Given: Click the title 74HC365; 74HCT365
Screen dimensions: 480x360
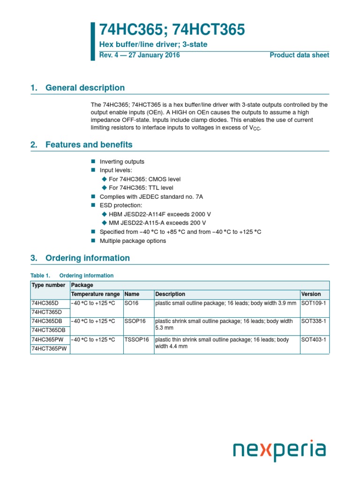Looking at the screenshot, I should tap(172, 30).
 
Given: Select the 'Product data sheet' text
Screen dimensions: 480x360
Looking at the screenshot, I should tap(299, 55).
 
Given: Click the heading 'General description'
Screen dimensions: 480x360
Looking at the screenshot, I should tap(85, 88).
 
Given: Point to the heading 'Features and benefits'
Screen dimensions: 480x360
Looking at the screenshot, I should tap(89, 145).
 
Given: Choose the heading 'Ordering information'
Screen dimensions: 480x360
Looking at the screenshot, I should tap(87, 258).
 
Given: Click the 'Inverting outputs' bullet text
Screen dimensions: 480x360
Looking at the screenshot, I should tap(122, 162).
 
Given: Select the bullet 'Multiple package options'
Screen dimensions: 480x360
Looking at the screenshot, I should tap(133, 241).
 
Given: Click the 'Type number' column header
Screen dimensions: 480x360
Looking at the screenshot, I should tap(48, 285).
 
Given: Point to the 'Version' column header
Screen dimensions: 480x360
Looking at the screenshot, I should tap(311, 294).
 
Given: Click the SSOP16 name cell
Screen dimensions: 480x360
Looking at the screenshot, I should tap(135, 321).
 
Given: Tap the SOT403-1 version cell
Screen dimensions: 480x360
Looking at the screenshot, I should tap(314, 339).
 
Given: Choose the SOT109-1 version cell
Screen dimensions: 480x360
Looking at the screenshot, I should tap(314, 303).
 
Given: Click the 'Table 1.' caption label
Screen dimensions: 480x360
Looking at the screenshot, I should tap(40, 276).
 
